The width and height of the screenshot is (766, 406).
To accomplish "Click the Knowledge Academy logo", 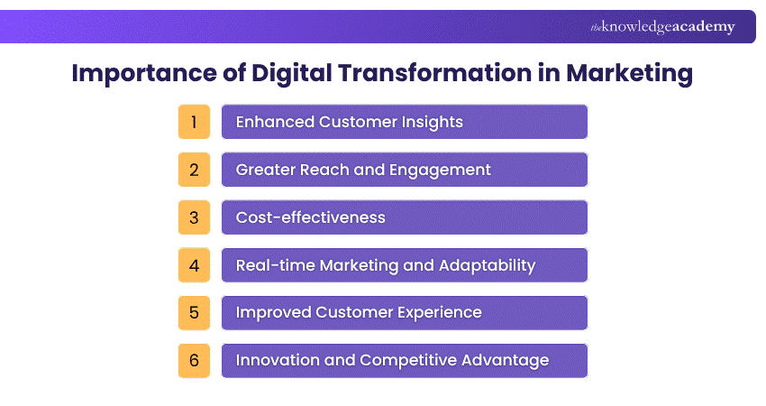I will [x=662, y=27].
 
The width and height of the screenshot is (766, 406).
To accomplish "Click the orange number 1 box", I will [x=194, y=122].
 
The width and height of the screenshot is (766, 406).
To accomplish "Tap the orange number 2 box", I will [x=194, y=170].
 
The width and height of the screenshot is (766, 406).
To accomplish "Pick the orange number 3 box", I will [x=194, y=217].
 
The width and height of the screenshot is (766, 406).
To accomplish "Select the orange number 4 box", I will [x=194, y=265].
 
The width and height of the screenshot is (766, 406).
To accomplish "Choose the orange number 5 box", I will [x=194, y=312].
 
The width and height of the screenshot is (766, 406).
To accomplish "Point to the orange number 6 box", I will [x=194, y=360].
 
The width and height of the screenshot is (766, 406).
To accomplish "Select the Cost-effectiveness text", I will [x=310, y=217].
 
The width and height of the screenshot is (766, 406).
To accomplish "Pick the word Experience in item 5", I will [x=439, y=312].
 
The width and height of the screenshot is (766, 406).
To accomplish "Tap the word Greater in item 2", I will [x=264, y=170].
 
